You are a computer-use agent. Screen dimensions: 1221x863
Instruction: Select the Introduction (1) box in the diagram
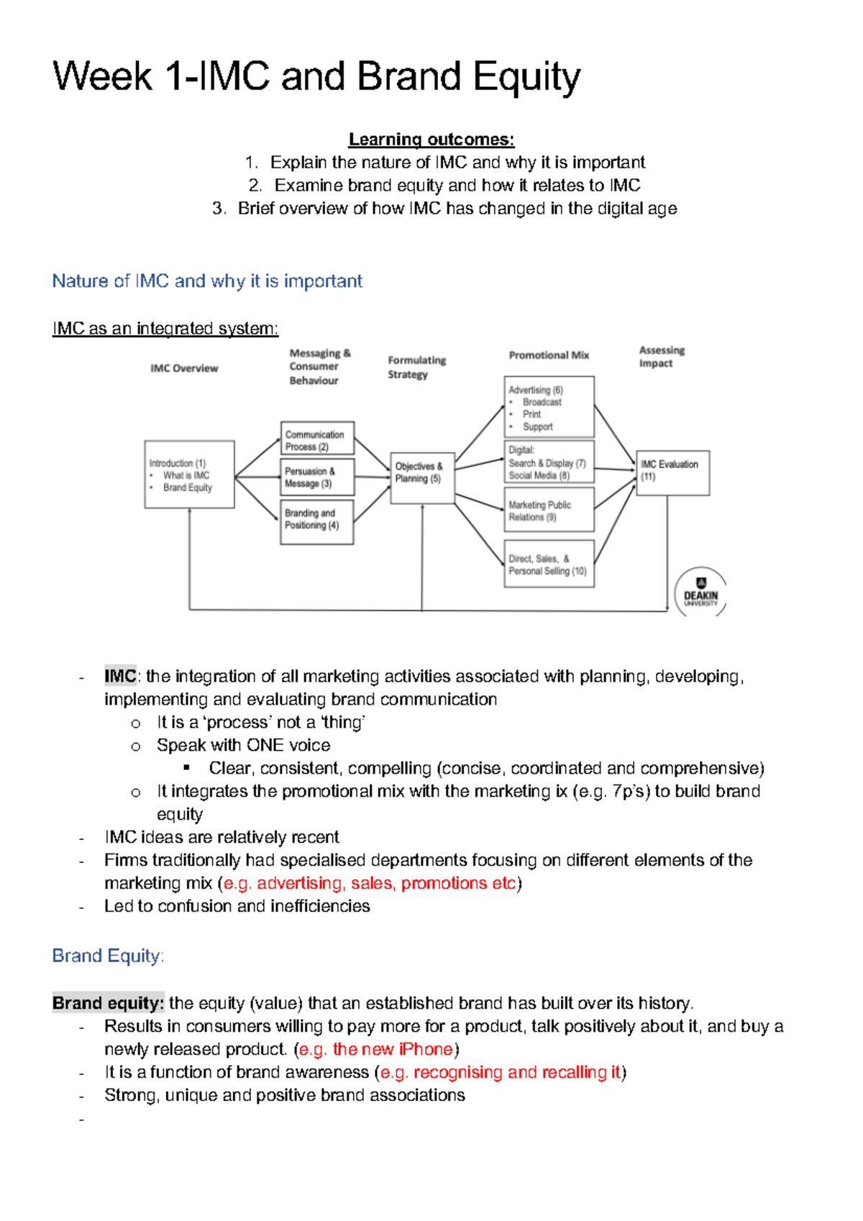[x=189, y=475]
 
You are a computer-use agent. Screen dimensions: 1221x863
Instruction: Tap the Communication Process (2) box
[x=317, y=439]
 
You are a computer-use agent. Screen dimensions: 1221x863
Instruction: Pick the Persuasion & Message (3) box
[x=317, y=477]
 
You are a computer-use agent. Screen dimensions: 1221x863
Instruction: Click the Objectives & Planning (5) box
[x=422, y=477]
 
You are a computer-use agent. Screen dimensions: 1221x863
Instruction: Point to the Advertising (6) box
[x=549, y=407]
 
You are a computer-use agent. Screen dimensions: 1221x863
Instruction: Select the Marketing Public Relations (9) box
[x=549, y=510]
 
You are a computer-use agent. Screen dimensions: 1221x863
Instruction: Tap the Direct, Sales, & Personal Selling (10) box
[x=549, y=564]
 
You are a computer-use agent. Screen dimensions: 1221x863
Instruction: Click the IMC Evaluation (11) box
[x=672, y=472]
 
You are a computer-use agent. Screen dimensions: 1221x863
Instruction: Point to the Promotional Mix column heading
[x=549, y=355]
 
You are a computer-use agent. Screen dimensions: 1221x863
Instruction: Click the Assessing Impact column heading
[x=662, y=357]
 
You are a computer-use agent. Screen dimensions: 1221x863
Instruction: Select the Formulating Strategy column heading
[x=416, y=367]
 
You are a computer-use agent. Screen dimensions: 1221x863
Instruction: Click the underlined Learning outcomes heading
[x=431, y=140]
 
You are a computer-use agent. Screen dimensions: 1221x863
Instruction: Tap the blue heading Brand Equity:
[x=108, y=956]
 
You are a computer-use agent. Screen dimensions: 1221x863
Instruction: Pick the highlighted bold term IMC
[x=120, y=676]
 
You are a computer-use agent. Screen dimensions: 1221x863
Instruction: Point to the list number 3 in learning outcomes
[x=219, y=209]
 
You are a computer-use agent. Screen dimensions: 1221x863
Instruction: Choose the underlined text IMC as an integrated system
[x=165, y=329]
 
